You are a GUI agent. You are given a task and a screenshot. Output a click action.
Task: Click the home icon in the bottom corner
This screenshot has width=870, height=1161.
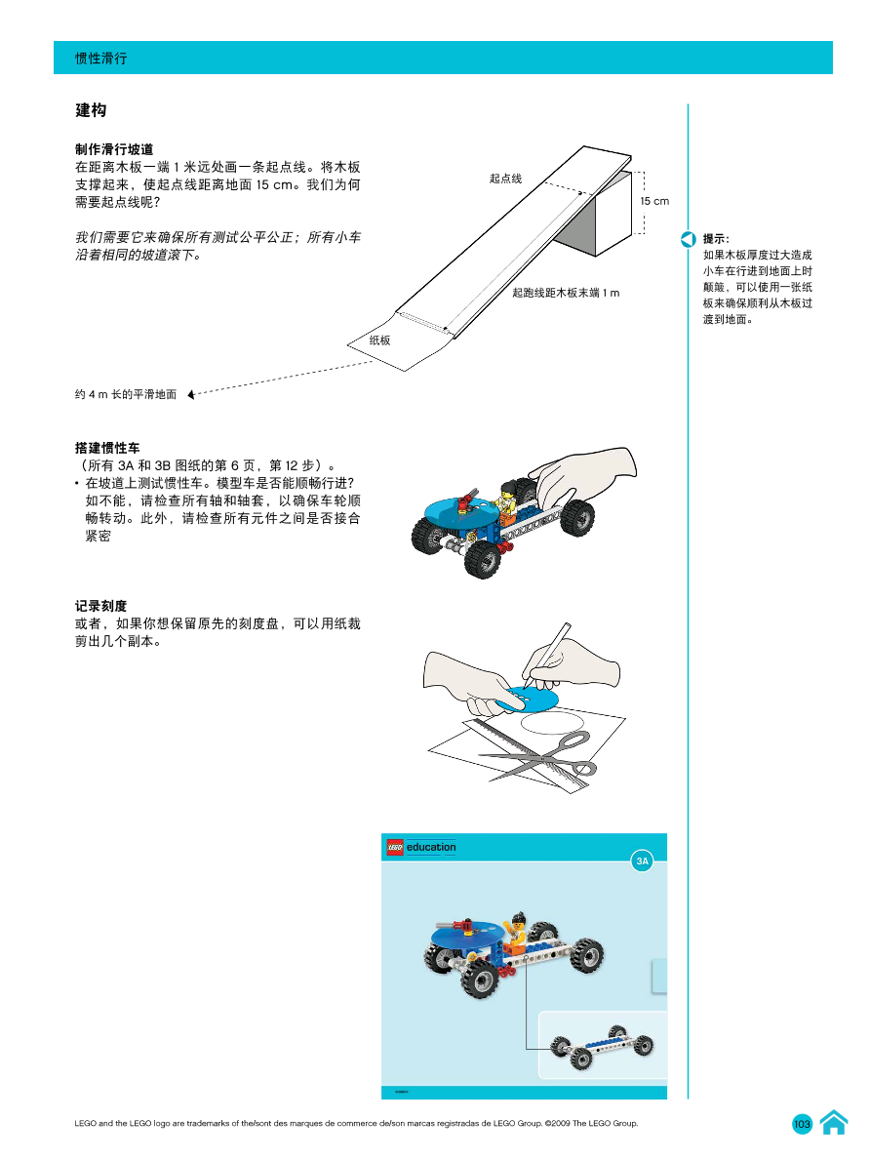(x=833, y=1123)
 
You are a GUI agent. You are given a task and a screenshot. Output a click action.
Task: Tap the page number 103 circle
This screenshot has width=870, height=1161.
(x=803, y=1125)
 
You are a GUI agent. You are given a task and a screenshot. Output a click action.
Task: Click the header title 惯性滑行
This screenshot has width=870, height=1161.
(x=101, y=59)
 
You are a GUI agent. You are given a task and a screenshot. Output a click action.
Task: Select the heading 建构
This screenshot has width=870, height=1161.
(x=91, y=111)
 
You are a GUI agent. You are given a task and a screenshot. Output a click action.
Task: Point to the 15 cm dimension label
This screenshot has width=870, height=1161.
(x=654, y=201)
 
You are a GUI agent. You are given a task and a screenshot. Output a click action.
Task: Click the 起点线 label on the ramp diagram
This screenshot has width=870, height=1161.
(x=505, y=179)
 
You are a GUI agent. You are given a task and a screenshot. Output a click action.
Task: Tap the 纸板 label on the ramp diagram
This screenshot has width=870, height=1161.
(x=379, y=340)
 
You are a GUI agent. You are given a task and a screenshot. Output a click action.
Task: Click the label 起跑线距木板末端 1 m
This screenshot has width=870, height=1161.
(x=566, y=293)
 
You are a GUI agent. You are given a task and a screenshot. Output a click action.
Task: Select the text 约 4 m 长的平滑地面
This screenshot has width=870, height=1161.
(x=126, y=395)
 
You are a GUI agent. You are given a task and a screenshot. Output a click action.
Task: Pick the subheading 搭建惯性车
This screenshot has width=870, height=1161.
(x=107, y=448)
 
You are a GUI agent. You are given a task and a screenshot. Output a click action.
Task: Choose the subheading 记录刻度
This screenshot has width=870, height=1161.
(x=100, y=606)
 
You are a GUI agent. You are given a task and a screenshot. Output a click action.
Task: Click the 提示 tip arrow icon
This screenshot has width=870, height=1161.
(x=688, y=239)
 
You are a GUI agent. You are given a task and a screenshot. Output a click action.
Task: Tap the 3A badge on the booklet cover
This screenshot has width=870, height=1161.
(x=642, y=861)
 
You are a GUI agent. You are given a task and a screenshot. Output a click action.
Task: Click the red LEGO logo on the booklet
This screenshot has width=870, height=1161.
(x=395, y=847)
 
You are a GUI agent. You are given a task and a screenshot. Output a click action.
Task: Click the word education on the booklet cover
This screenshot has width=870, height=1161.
(x=431, y=847)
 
